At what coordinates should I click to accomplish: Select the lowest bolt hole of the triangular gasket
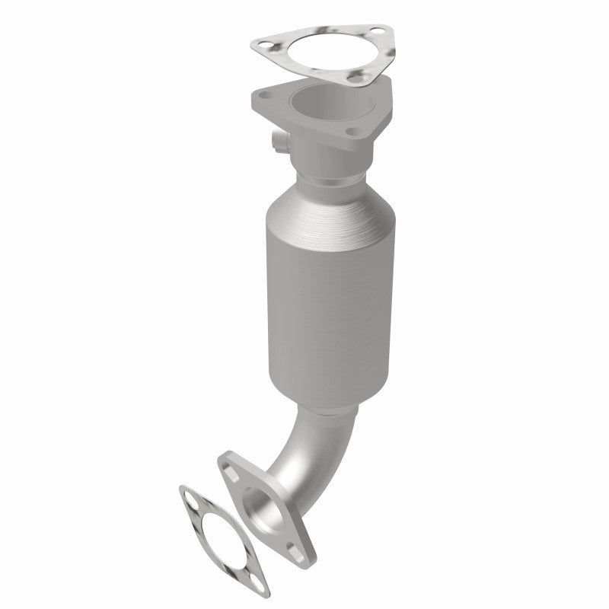pyautogui.click(x=352, y=76)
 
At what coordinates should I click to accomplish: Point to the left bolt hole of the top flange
pyautogui.click(x=266, y=96)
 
